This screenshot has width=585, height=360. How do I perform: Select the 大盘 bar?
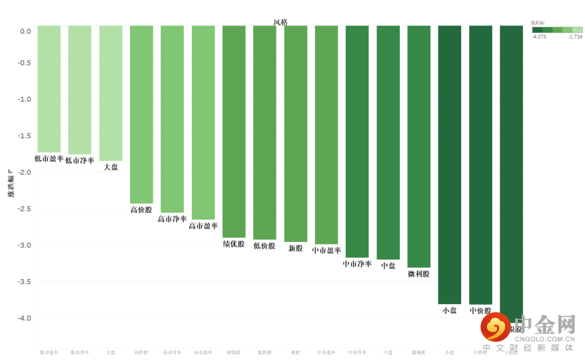pos(111,93)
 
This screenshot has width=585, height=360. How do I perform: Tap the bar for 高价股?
pos(141,114)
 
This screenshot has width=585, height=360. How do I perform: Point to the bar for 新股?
pos(296,133)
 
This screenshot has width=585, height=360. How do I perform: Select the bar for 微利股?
pos(419,146)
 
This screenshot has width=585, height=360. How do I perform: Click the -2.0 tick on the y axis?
pos(25,172)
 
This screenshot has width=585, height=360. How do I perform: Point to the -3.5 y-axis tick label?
pos(25,281)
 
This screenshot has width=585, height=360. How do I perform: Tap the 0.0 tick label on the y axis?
pos(25,31)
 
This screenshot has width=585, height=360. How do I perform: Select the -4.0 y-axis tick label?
pos(25,318)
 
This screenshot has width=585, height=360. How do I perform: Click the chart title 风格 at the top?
pos(280,22)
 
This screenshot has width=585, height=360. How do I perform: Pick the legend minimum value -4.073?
pos(540,37)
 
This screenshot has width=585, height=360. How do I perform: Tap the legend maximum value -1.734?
pos(575,37)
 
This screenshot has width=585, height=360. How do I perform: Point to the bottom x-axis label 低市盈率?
pos(49,352)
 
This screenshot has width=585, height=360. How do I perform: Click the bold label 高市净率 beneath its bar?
pos(172,219)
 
